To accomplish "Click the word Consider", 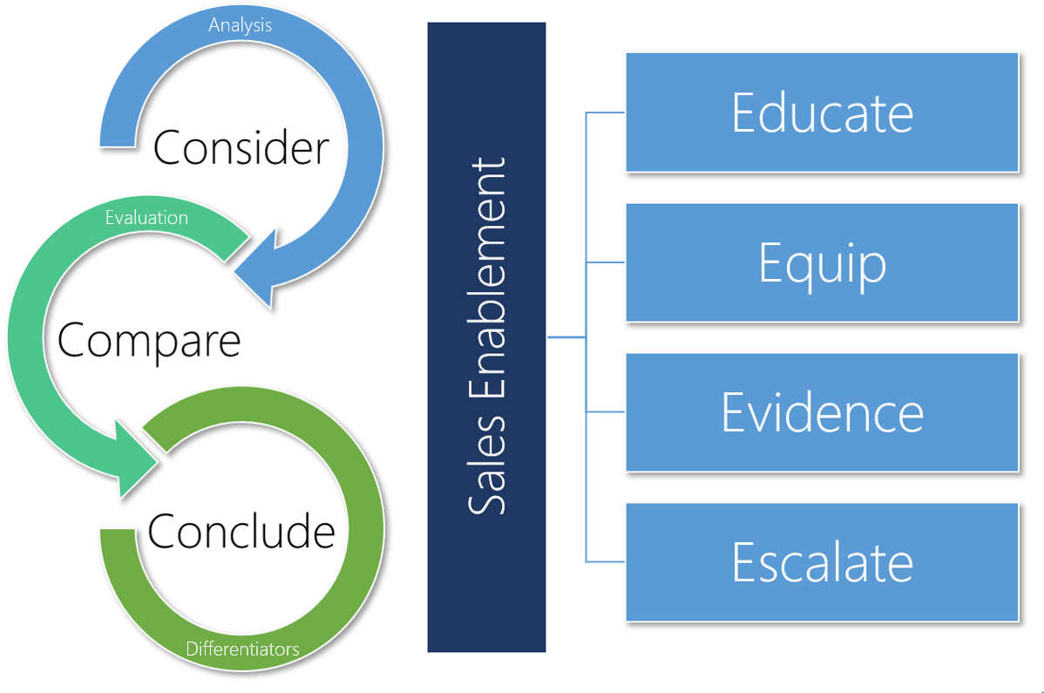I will click(241, 147).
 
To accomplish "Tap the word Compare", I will click(149, 339).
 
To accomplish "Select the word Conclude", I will click(241, 530).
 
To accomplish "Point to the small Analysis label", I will click(241, 25).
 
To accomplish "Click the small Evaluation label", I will click(146, 217).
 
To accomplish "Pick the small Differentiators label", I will click(242, 649).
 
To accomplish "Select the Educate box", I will click(822, 112).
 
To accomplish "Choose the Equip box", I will click(822, 262).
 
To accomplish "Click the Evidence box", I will click(822, 412).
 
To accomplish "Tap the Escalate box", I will click(822, 562).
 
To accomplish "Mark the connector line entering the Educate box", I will click(607, 112).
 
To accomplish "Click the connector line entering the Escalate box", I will click(607, 561).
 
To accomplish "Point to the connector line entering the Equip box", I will click(607, 262).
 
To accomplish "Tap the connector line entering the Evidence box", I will click(607, 412).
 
